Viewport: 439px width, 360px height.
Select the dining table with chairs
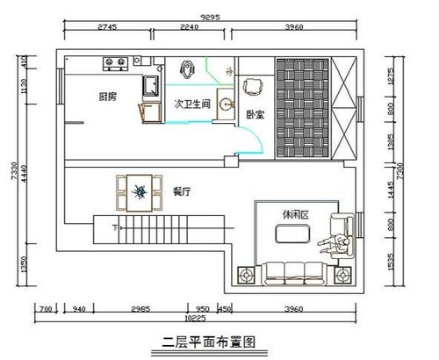click(139, 191)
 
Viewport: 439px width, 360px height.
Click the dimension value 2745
click(107, 27)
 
